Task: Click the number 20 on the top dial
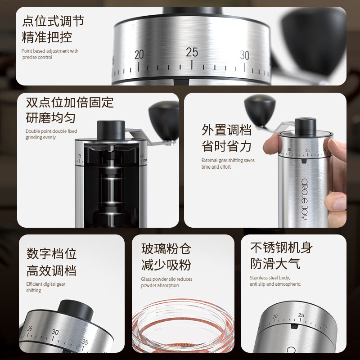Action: pyautogui.click(x=139, y=55)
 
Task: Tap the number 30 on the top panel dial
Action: pyautogui.click(x=244, y=55)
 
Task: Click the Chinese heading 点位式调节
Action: pyautogui.click(x=53, y=21)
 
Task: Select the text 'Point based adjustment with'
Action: pyautogui.click(x=50, y=51)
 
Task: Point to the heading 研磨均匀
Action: pyautogui.click(x=50, y=118)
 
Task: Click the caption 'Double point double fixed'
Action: pyautogui.click(x=51, y=131)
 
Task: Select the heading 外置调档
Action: pyautogui.click(x=226, y=130)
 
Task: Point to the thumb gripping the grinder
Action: pyautogui.click(x=272, y=144)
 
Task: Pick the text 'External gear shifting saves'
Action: pyautogui.click(x=228, y=160)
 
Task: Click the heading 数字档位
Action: pyautogui.click(x=51, y=253)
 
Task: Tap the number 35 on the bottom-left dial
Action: pyautogui.click(x=85, y=342)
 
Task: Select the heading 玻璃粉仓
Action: pyautogui.click(x=166, y=248)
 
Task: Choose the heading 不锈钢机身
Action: pyautogui.click(x=281, y=247)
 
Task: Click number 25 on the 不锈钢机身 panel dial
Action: pyautogui.click(x=301, y=315)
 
